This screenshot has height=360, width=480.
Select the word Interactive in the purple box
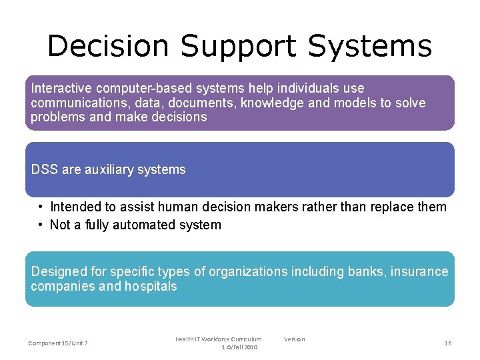point(61,88)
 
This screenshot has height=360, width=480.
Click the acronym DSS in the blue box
point(45,169)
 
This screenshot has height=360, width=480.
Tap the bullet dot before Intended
point(41,207)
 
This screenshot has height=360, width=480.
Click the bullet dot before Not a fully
point(41,225)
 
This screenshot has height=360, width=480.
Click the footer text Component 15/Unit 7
point(58,343)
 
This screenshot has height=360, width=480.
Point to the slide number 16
point(448,343)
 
